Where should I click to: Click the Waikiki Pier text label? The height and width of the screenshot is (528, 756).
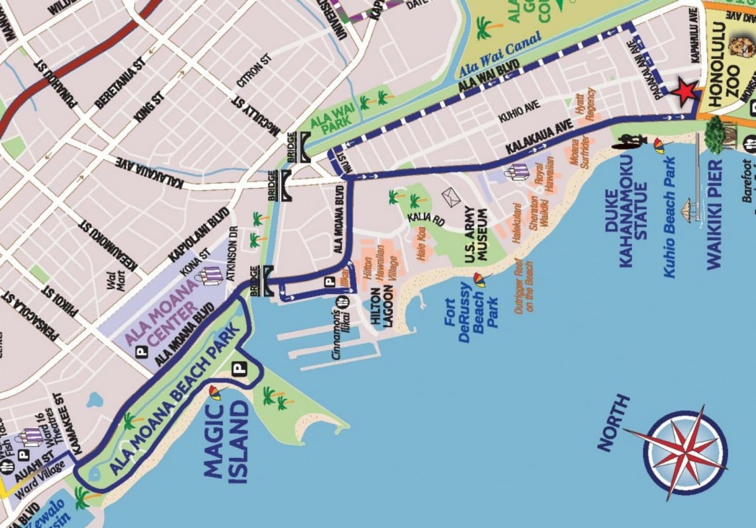click(x=714, y=214)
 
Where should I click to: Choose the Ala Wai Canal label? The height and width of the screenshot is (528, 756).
click(x=500, y=54)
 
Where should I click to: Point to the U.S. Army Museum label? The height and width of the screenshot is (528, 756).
click(x=476, y=235)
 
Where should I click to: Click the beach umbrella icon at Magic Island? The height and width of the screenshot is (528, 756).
click(x=215, y=392)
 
